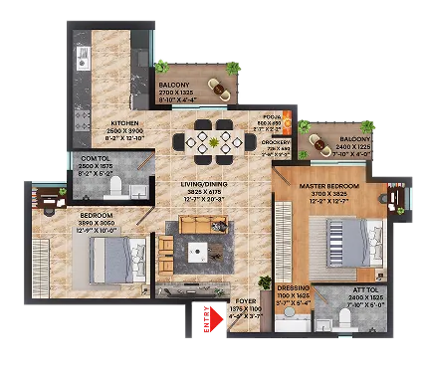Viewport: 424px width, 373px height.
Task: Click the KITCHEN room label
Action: [128, 124]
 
